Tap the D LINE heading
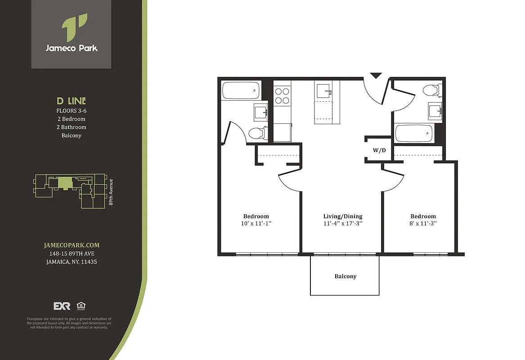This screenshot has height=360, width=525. coord(71,101)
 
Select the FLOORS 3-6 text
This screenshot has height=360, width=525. coord(71,111)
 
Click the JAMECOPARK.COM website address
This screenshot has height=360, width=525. coord(72,245)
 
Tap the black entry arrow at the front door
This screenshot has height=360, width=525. coord(376,76)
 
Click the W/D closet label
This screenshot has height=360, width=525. coord(379,150)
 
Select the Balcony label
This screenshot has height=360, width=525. coord(345,276)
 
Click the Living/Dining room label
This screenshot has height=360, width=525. coord(342,216)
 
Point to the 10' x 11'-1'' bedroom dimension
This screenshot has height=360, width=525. coord(256,223)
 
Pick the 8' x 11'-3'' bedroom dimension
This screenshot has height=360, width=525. coord(423,223)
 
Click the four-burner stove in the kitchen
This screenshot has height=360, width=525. coord(282,95)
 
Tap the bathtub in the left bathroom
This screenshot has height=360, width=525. coord(241,90)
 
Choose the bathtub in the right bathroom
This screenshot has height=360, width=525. coord(413,134)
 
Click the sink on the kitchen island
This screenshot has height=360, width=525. coord(324,91)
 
